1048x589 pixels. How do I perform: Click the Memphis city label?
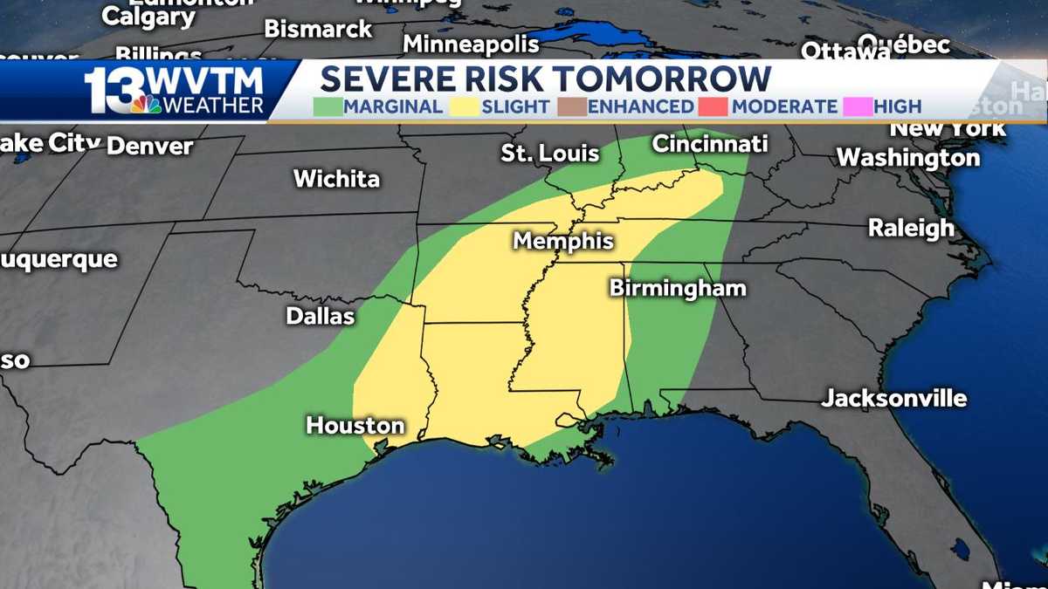click(x=563, y=241)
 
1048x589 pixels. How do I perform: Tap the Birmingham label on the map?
click(x=678, y=288)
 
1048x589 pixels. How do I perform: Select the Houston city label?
click(x=355, y=426)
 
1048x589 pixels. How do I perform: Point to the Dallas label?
click(x=321, y=316)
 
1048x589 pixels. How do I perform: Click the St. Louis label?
click(x=550, y=154)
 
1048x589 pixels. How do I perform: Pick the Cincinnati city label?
click(x=710, y=144)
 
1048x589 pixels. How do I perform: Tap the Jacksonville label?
click(x=894, y=399)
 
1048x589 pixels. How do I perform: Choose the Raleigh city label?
click(x=911, y=228)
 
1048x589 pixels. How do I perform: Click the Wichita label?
click(x=336, y=179)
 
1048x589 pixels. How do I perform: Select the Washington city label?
click(x=908, y=158)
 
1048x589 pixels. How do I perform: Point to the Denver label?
click(x=149, y=146)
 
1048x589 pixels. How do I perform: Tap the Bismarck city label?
click(x=319, y=29)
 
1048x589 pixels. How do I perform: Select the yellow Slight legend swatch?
click(x=464, y=106)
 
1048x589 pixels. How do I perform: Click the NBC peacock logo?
click(x=147, y=104)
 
